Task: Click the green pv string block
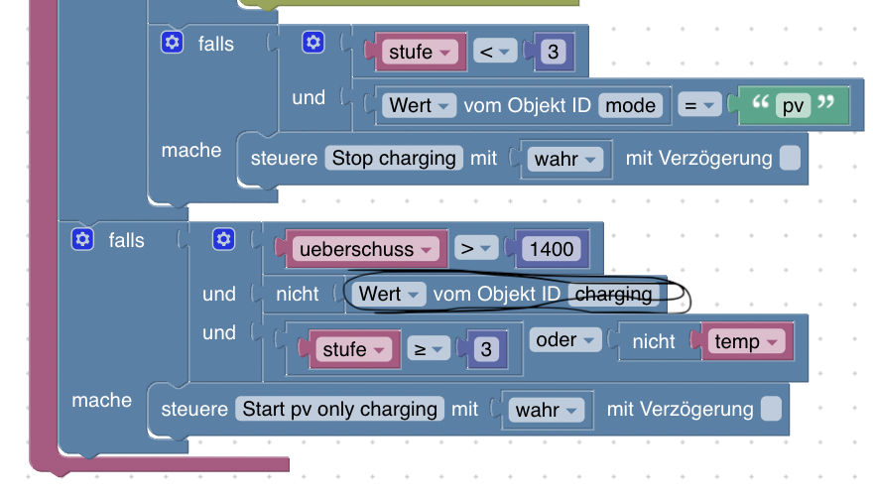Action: pyautogui.click(x=793, y=105)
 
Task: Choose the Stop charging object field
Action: pyautogui.click(x=394, y=158)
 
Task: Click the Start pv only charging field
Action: pyautogui.click(x=340, y=409)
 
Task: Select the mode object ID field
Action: pyautogui.click(x=631, y=105)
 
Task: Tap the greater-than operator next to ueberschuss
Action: pyautogui.click(x=474, y=249)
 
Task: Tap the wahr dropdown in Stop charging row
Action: pyautogui.click(x=564, y=159)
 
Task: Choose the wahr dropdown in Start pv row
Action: pyautogui.click(x=546, y=410)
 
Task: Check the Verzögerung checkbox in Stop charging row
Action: pyautogui.click(x=790, y=159)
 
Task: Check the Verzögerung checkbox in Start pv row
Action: pyautogui.click(x=771, y=409)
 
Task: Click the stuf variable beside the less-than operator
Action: pyautogui.click(x=417, y=52)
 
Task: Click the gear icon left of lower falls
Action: pyautogui.click(x=83, y=239)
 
